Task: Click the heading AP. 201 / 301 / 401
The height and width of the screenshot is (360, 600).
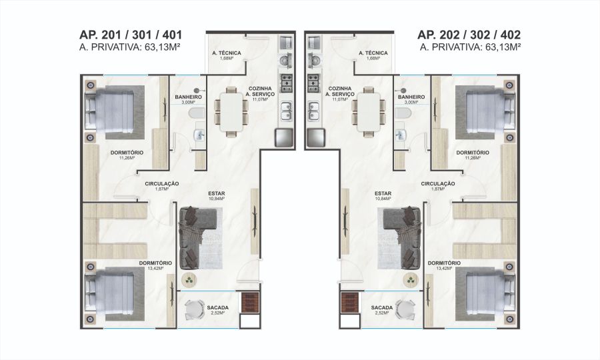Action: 131,35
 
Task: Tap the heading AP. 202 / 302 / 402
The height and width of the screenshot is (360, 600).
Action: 469,35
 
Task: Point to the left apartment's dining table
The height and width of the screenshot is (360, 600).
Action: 232,112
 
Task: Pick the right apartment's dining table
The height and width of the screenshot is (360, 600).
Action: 369,112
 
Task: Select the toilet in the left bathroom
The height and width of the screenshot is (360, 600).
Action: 198,113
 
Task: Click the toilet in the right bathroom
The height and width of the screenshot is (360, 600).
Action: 403,113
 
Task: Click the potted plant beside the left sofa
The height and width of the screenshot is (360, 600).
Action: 189,279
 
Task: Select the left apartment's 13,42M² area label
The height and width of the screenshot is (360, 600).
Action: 155,268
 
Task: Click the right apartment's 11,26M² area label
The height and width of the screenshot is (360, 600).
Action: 473,157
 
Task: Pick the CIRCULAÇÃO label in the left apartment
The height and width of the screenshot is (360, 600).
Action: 162,183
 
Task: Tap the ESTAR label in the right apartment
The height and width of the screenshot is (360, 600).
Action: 383,193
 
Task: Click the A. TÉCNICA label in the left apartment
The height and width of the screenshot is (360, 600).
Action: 227,53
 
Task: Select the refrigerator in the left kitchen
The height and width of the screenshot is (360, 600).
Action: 284,138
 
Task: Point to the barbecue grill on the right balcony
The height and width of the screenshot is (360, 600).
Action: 349,302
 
